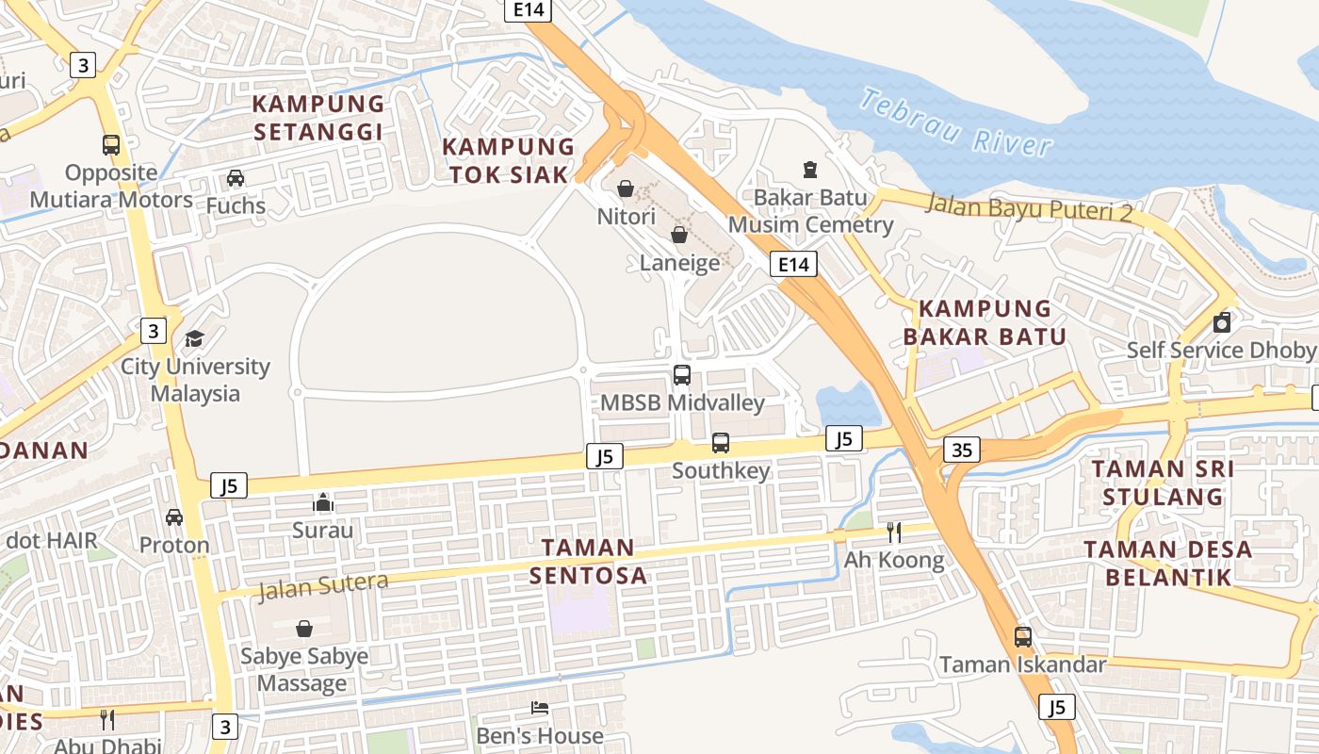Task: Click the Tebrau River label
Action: [955, 123]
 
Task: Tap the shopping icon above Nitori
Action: [625, 189]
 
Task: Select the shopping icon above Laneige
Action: [678, 235]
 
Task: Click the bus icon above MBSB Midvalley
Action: [682, 375]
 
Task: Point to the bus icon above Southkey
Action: [721, 443]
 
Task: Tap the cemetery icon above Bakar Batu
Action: [809, 170]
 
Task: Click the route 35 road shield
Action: [961, 451]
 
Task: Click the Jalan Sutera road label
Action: [322, 586]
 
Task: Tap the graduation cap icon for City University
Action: [194, 338]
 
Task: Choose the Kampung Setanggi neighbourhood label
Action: [318, 118]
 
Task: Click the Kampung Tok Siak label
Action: [509, 160]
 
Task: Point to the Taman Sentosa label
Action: [588, 561]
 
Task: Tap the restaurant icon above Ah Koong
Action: [893, 533]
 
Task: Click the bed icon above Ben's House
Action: [540, 708]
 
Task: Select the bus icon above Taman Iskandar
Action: [1023, 637]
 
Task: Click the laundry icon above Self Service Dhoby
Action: [1222, 322]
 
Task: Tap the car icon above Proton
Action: [174, 517]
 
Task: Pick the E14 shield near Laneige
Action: [793, 265]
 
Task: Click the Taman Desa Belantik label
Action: [1168, 563]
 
